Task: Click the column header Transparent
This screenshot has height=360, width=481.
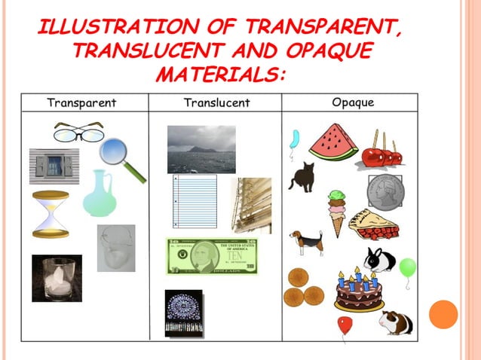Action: pos(81,102)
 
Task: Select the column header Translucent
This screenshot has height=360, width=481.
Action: pos(216,102)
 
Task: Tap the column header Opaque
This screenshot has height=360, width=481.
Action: pos(353,102)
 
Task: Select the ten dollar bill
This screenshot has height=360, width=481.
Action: pos(212,256)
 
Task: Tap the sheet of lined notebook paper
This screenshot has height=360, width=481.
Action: pos(195,201)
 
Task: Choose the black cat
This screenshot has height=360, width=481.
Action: pos(302,177)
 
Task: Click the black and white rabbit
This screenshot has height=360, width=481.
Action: pos(379,260)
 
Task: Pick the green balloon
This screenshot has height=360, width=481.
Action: pos(407,267)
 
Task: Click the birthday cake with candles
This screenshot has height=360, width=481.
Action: pos(358,291)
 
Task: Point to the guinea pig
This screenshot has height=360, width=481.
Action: pos(396,323)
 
